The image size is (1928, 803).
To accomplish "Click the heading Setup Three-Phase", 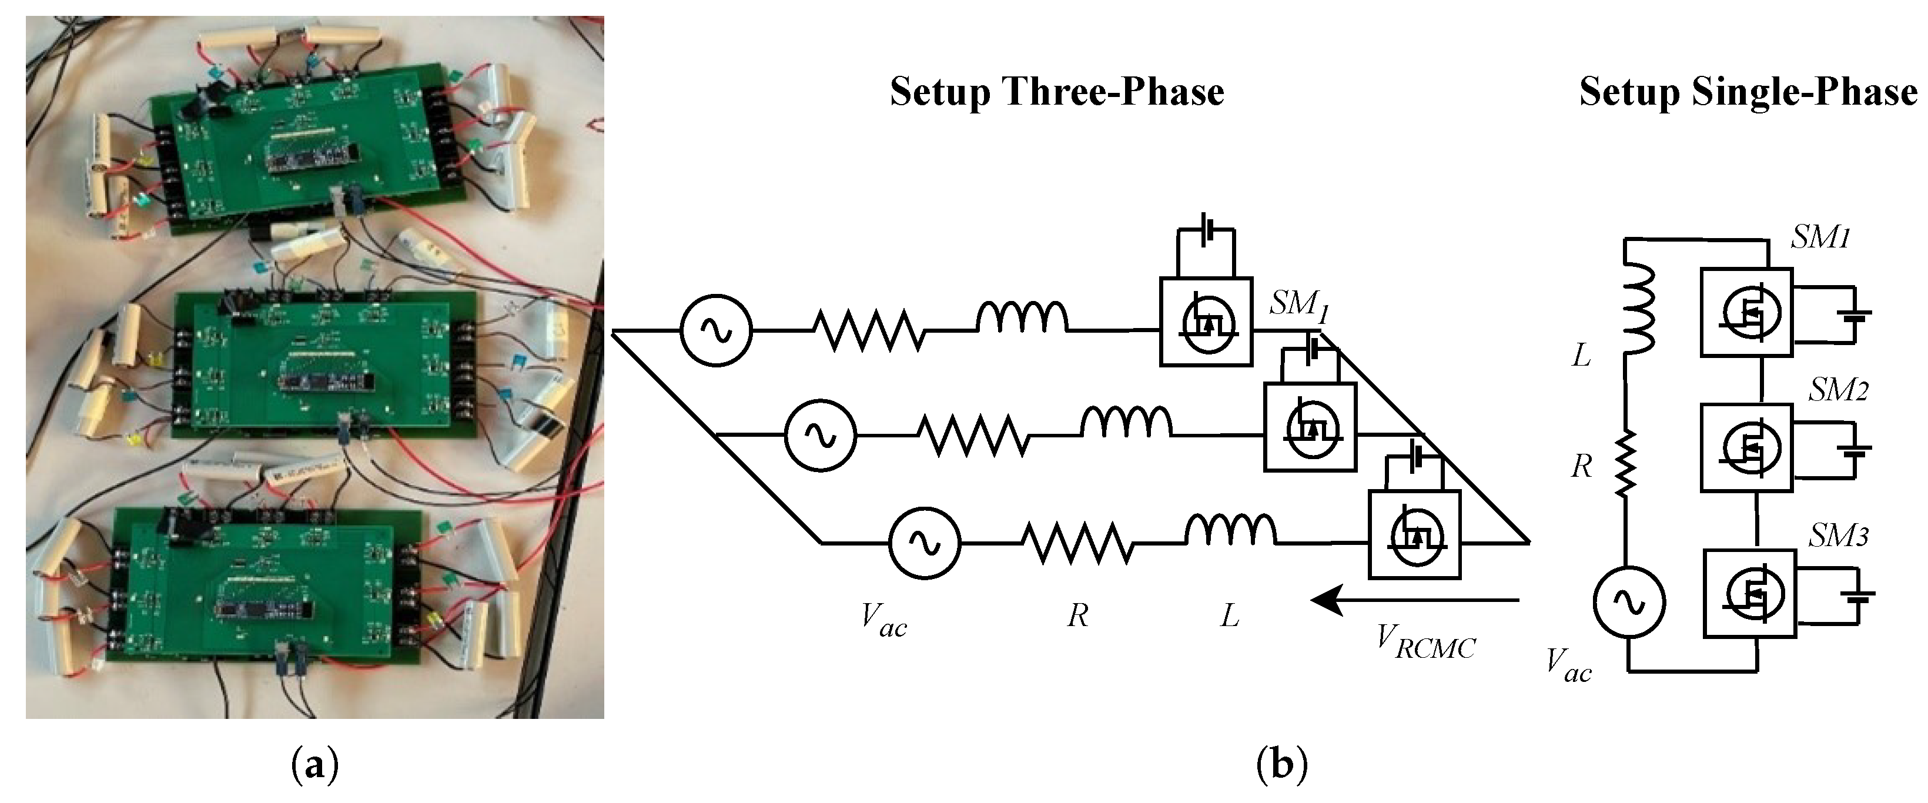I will pos(1056,93).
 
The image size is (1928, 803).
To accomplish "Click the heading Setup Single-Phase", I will pos(1748,93).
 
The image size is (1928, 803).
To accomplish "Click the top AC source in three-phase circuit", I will pos(715,330).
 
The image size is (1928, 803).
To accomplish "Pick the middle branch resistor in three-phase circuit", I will pos(973,436).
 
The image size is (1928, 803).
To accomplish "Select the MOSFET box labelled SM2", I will pos(1746,447).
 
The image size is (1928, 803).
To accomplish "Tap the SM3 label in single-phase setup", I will pos(1838,536).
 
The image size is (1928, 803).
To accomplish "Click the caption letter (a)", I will pos(314,765).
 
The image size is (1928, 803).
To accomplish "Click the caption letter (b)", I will pos(1282,765).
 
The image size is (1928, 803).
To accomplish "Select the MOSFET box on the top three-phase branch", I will pos(1205,322).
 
